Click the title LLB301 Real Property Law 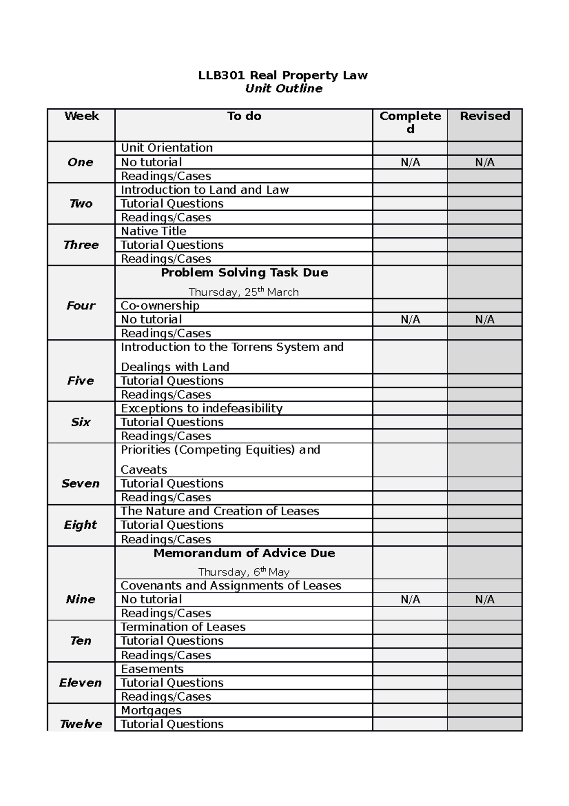click(283, 75)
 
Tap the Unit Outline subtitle click(284, 89)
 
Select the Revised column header click(485, 116)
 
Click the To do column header click(244, 116)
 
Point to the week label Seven click(81, 484)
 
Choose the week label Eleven click(81, 683)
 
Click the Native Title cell click(153, 231)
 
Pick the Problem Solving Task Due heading click(244, 273)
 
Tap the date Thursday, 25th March click(244, 292)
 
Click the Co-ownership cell click(160, 306)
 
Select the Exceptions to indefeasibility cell click(202, 409)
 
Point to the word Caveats click(144, 470)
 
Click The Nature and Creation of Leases click(220, 511)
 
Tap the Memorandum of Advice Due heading click(244, 553)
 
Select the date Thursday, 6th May click(244, 572)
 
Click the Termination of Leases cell click(183, 627)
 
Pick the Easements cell click(152, 669)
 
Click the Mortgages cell click(151, 711)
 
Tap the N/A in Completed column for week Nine click(410, 600)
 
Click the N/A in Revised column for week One click(485, 162)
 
